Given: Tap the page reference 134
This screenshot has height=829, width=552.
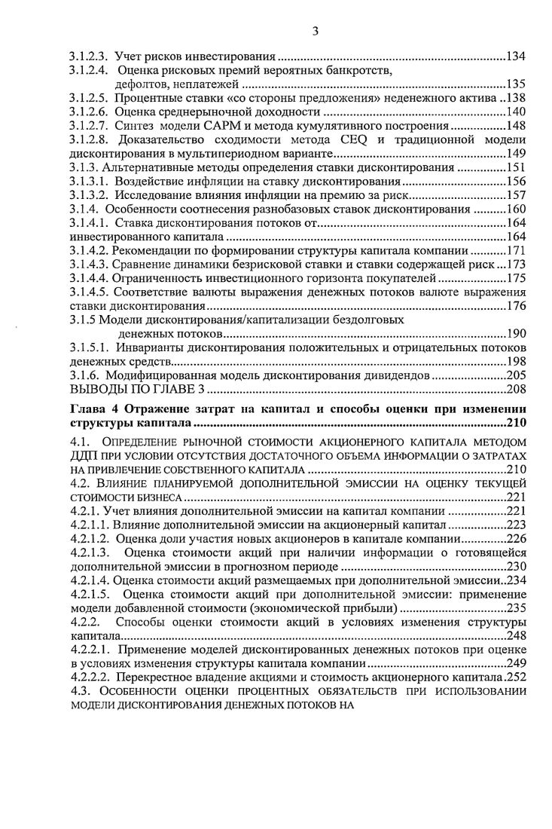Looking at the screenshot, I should tap(516, 57).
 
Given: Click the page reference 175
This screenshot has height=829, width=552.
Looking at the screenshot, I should tap(516, 277).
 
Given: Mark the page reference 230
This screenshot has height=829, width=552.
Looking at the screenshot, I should tap(516, 567).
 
